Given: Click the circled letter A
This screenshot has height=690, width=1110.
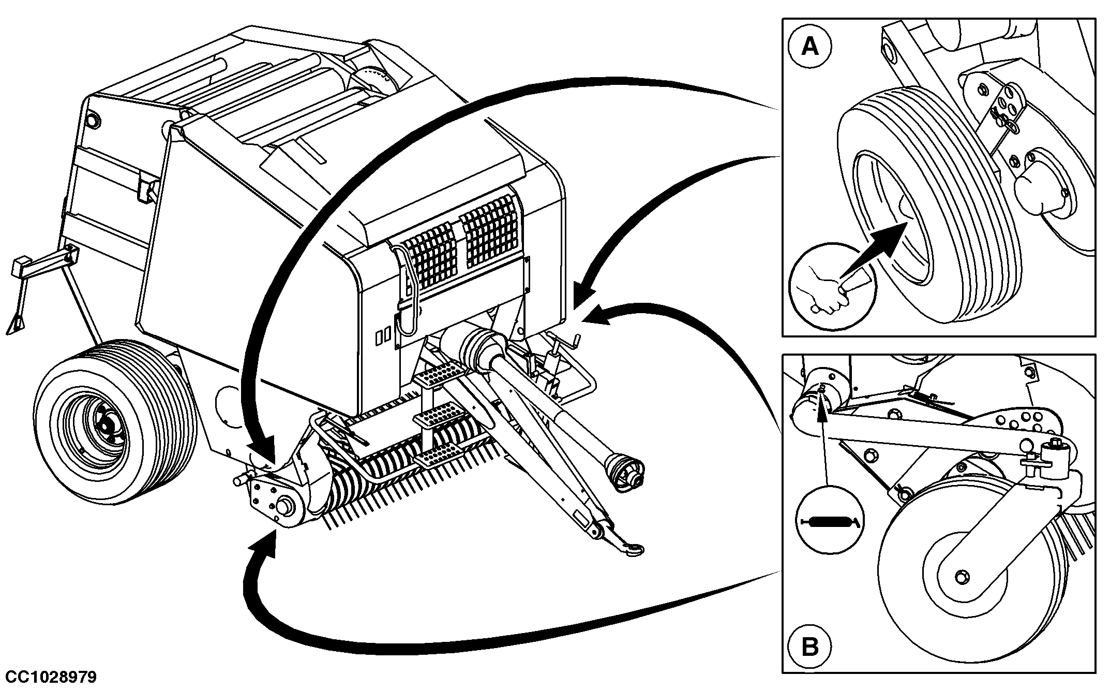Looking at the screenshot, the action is pyautogui.click(x=810, y=47).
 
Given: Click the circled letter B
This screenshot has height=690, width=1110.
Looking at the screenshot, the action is pyautogui.click(x=810, y=647).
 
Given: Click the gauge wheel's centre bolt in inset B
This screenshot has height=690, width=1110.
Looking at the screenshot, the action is pyautogui.click(x=961, y=576).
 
